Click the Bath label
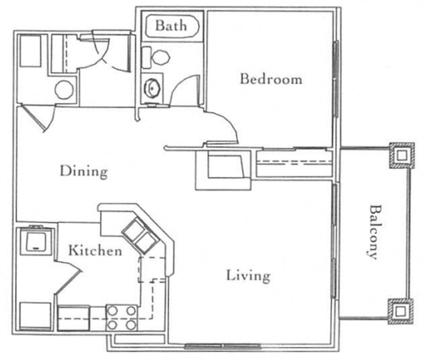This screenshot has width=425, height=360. click(x=171, y=26)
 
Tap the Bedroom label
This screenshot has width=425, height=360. click(x=271, y=79)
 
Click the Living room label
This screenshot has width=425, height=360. click(x=248, y=276)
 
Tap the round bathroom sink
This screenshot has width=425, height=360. click(x=152, y=88)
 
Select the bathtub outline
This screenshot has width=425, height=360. click(x=172, y=26)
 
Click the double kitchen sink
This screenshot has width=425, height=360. click(x=140, y=236)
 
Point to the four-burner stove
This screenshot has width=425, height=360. click(x=122, y=318)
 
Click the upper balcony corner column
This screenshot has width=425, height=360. click(x=402, y=156)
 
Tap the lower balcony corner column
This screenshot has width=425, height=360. click(x=401, y=311)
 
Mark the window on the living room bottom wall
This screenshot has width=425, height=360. click(x=223, y=346)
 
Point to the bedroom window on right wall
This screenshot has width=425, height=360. click(x=336, y=79)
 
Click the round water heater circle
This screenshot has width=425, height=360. click(x=64, y=90)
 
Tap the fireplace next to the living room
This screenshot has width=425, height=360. click(x=223, y=170)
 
